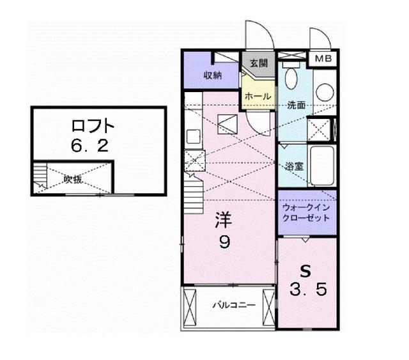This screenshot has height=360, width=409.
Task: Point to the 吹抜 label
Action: point(72,180)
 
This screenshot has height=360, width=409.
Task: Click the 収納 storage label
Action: point(213,75)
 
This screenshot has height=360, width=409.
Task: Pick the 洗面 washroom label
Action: point(296,104)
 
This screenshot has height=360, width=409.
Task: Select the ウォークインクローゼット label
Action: point(307,212)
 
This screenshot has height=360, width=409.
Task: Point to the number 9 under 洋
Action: point(225,242)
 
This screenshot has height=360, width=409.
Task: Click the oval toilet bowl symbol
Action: point(291,79)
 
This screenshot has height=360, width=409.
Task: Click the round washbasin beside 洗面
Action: point(325,91)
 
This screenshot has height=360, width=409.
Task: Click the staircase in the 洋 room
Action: point(193,192)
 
